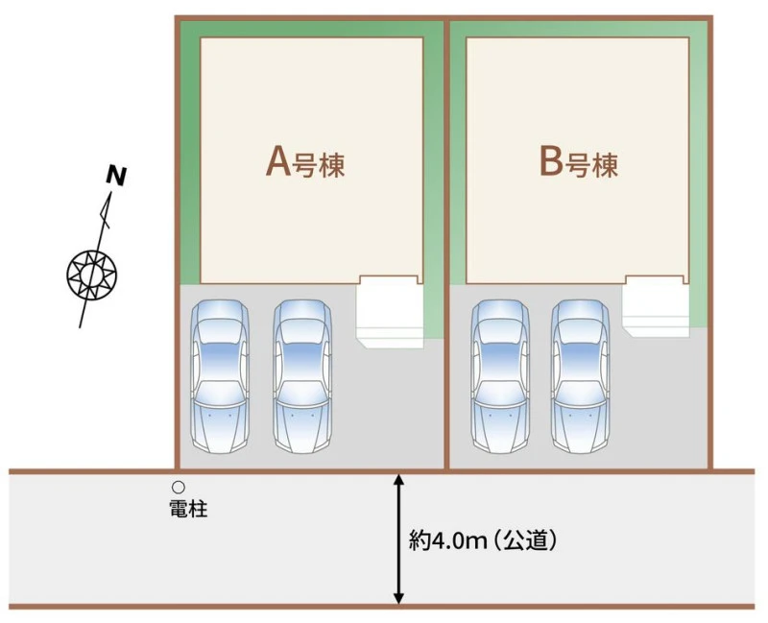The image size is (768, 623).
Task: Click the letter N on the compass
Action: tap(116, 177)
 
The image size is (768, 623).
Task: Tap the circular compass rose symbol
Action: tap(91, 274)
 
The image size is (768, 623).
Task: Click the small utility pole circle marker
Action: tap(179, 487)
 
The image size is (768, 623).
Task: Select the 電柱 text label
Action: tap(188, 509)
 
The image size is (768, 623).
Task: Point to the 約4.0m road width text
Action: tap(447, 541)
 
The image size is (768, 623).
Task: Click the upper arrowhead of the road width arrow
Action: tap(398, 480)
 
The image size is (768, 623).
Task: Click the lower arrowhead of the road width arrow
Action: tap(398, 597)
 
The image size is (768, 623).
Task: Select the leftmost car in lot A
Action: tap(220, 375)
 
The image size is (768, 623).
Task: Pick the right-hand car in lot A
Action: tap(302, 375)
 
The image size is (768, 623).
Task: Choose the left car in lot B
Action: tap(500, 375)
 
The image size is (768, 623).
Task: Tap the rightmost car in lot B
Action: tap(581, 375)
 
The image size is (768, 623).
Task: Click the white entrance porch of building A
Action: tap(390, 311)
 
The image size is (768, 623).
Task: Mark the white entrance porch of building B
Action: tap(656, 306)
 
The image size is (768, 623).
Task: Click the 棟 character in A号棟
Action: tap(331, 165)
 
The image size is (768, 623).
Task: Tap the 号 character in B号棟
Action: tap(577, 165)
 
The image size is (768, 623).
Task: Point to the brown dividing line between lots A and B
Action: tap(446, 245)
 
